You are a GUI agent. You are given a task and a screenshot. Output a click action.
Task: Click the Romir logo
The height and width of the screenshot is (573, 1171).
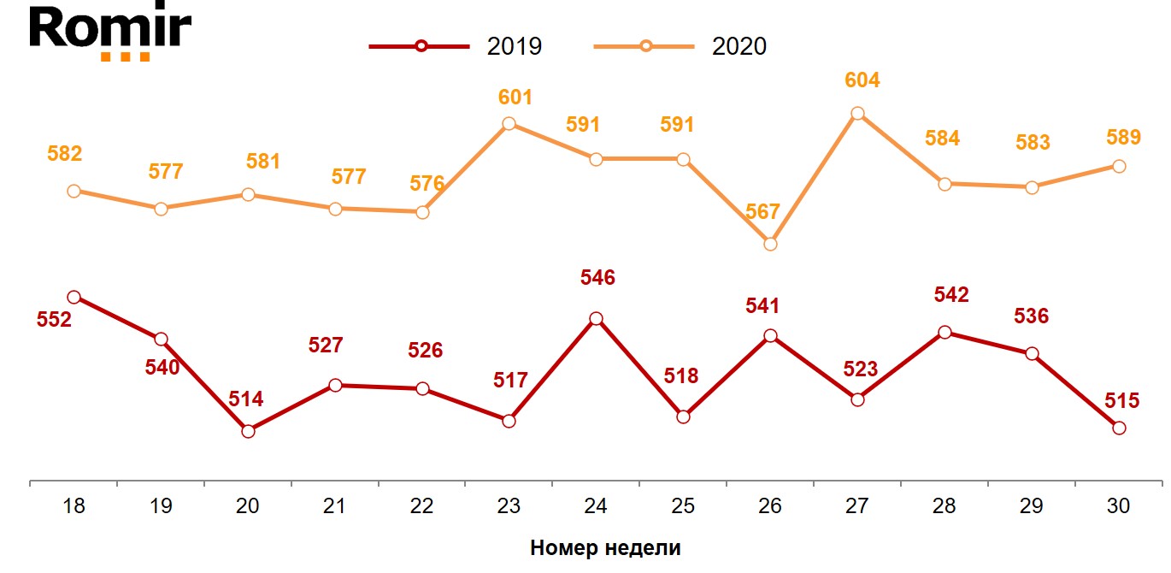tap(110, 32)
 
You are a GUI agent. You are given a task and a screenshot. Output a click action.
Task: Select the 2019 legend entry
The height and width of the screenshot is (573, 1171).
tap(456, 46)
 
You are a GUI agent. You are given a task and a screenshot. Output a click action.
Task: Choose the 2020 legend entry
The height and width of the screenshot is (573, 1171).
tap(681, 46)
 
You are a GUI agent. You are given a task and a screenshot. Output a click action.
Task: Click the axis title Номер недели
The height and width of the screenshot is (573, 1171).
tap(605, 548)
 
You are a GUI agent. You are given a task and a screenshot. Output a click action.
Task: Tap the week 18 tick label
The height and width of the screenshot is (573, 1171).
tap(74, 506)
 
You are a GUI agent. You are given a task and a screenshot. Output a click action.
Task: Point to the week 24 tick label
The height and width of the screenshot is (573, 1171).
tap(596, 506)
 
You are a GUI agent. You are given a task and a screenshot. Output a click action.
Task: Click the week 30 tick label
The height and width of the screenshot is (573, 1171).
tap(1118, 506)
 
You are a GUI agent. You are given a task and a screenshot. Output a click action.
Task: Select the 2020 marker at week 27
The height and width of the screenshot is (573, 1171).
tap(857, 113)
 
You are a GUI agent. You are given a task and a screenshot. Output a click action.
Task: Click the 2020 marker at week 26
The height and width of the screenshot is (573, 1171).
tap(770, 244)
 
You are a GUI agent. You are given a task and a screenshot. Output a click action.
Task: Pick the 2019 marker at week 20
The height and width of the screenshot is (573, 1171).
tap(248, 431)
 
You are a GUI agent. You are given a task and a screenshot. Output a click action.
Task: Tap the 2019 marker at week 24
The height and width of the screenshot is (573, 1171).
tap(596, 319)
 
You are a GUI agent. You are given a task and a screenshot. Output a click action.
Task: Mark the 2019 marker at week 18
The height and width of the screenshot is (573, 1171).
tap(74, 297)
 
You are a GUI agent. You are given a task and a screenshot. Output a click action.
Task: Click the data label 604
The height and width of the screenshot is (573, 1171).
tap(861, 80)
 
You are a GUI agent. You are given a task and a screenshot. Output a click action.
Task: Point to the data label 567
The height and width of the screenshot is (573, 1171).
tap(762, 212)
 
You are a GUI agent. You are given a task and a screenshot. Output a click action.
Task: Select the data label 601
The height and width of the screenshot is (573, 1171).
tap(514, 97)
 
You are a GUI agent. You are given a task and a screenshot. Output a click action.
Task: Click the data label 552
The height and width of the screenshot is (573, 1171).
tap(54, 320)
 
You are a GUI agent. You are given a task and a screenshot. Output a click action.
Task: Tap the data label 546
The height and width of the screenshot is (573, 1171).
tap(597, 277)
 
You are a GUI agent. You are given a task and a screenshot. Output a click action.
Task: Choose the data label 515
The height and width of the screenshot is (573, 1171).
tap(1121, 400)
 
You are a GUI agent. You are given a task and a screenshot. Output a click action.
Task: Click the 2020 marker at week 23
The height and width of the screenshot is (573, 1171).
tap(509, 123)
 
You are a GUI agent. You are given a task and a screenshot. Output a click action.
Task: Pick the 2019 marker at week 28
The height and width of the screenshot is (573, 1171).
tap(944, 333)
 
